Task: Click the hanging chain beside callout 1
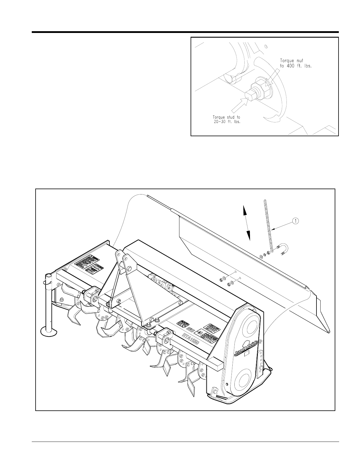click(x=268, y=224)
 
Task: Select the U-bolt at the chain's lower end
click(x=284, y=249)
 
